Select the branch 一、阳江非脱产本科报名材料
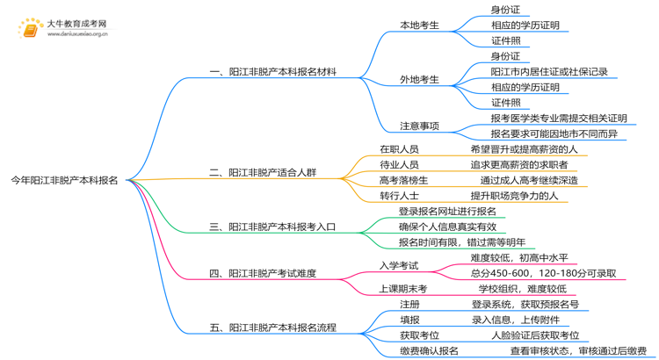[272, 72]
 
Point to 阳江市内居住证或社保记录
[549, 71]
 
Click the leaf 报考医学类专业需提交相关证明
[560, 118]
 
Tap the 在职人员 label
[399, 148]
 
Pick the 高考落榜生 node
[404, 180]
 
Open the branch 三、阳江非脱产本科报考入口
[272, 227]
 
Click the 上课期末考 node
[403, 289]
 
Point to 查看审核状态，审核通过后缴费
[577, 351]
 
